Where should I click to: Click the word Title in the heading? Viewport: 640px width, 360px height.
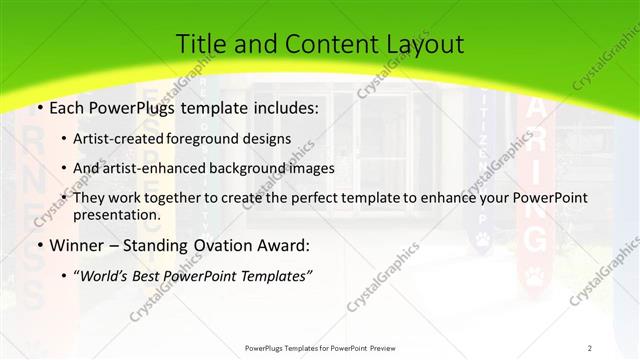pyautogui.click(x=201, y=44)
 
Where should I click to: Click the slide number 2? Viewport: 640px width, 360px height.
pyautogui.click(x=590, y=348)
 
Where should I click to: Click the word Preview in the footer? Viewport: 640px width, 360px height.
pyautogui.click(x=391, y=348)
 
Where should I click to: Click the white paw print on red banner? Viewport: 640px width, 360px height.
pyautogui.click(x=537, y=276)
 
